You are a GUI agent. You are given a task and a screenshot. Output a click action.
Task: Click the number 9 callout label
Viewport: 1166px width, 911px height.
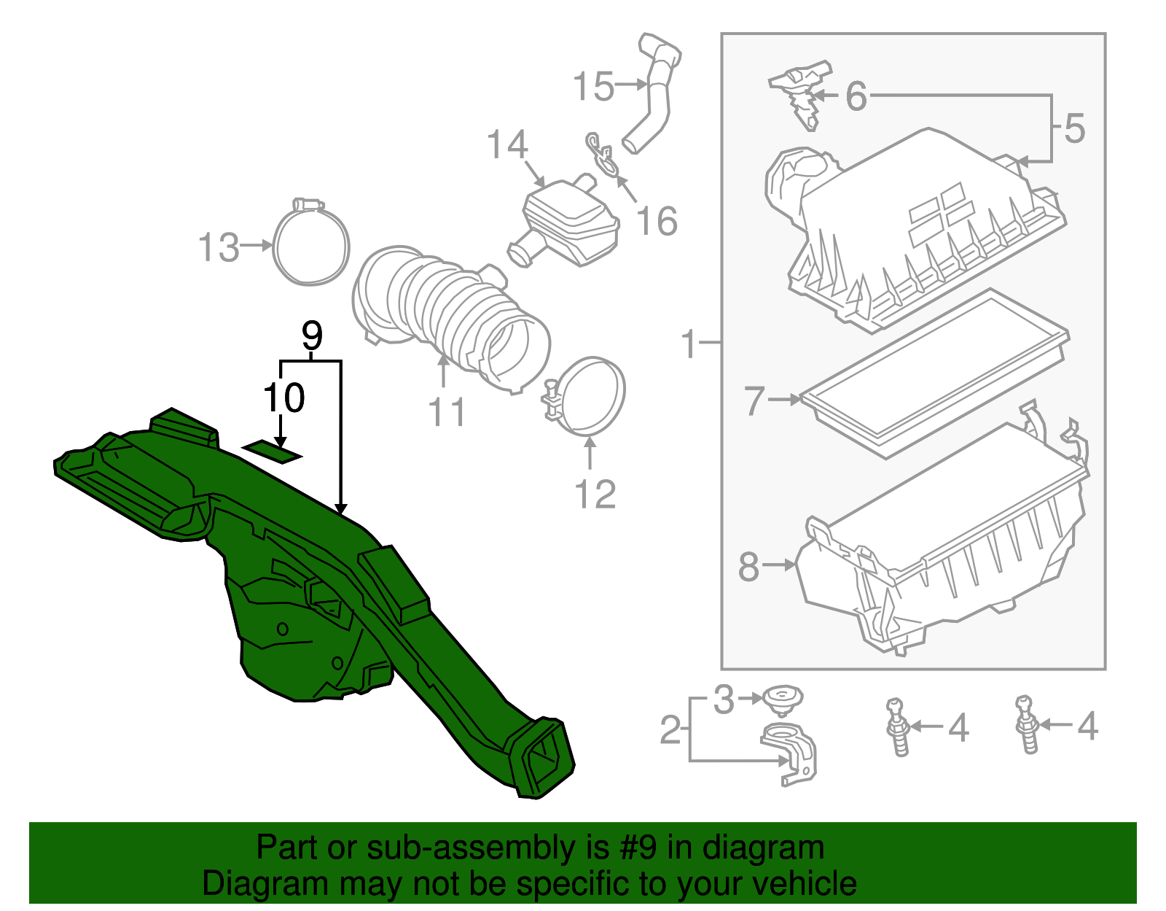coord(311,336)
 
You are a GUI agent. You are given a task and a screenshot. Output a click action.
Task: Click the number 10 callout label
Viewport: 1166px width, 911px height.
coord(283,398)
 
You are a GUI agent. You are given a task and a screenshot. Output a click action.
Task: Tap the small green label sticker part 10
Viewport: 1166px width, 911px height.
coord(272,451)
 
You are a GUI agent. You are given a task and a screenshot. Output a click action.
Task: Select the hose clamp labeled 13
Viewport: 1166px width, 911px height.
coord(311,245)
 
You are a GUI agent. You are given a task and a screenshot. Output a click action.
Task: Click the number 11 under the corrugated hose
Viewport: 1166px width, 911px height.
coord(447,413)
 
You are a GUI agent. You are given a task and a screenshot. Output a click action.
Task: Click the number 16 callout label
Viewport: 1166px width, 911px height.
coord(657,221)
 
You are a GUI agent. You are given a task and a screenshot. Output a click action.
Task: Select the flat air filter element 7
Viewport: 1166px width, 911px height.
coord(933,372)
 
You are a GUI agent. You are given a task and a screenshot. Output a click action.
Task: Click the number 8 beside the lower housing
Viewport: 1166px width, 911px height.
coord(748,566)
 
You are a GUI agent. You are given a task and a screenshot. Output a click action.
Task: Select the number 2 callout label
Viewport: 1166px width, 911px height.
coord(670,729)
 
